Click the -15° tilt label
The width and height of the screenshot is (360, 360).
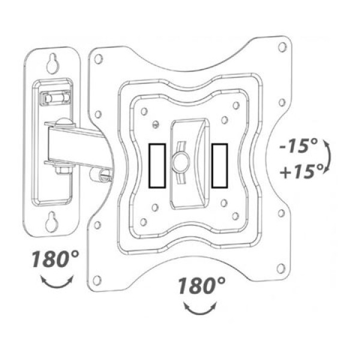pos(298,145)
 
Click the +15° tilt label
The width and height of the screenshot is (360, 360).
pos(301,171)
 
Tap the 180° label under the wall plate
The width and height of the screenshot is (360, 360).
pos(56,259)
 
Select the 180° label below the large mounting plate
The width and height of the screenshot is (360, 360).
pos(202,286)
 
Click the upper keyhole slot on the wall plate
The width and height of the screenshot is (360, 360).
pos(52,64)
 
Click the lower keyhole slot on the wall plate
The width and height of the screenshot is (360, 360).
pos(51,221)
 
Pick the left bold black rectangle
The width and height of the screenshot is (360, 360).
pos(157,166)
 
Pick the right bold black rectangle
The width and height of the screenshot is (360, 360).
pos(220,166)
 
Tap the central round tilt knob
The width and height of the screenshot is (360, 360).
pos(181,163)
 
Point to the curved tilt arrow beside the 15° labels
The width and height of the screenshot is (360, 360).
pos(328,156)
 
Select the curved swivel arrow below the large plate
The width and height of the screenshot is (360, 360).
pos(200,308)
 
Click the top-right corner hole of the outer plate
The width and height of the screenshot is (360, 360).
pos(282,47)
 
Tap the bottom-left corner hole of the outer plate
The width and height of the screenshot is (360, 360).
pos(97,281)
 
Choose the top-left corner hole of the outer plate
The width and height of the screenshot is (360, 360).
pos(98,59)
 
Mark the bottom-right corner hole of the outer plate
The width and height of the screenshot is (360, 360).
pos(281,268)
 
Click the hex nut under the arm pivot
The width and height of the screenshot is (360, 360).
pos(62,170)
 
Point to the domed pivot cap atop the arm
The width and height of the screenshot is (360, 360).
pos(63,122)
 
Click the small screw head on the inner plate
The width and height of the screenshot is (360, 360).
pos(156,124)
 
